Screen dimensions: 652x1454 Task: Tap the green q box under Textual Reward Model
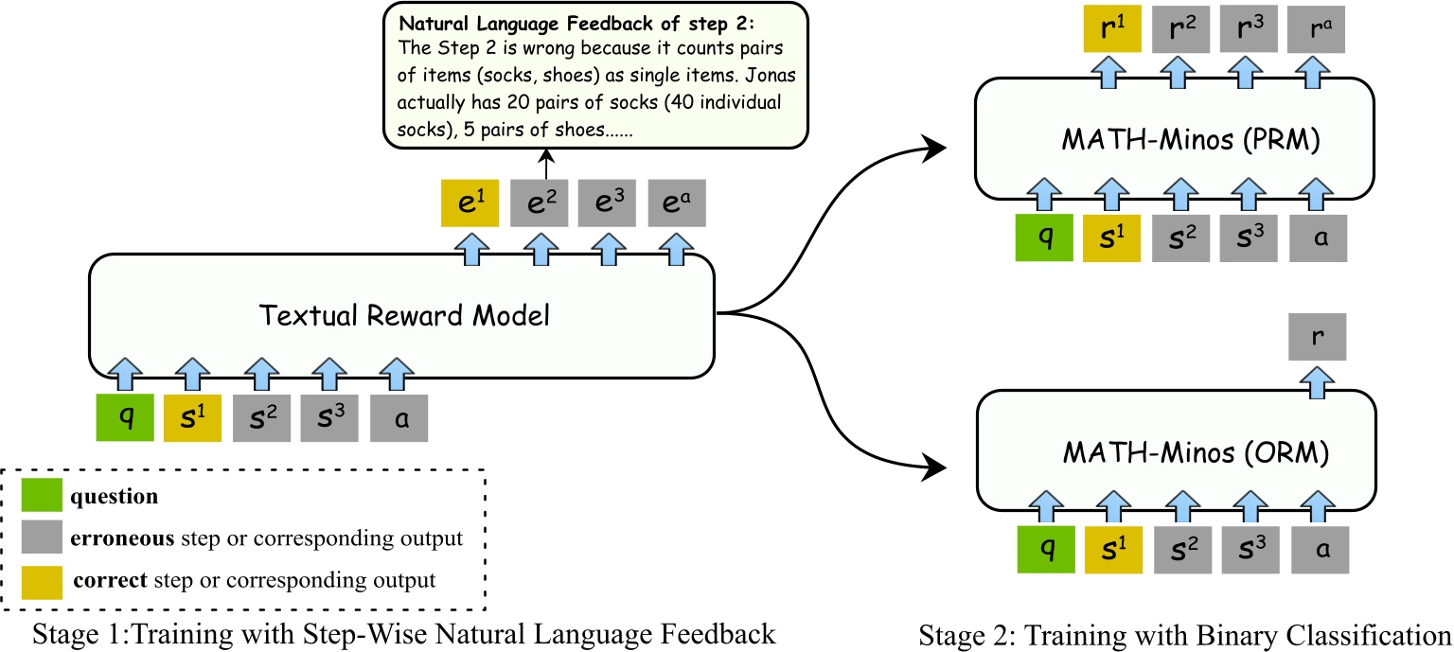[125, 417]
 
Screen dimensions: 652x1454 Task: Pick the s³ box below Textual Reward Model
[330, 417]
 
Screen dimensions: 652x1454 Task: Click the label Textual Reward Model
[406, 316]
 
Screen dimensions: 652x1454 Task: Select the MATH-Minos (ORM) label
[1179, 453]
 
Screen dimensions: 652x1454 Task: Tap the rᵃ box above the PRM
[1316, 28]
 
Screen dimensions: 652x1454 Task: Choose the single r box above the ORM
[1316, 335]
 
